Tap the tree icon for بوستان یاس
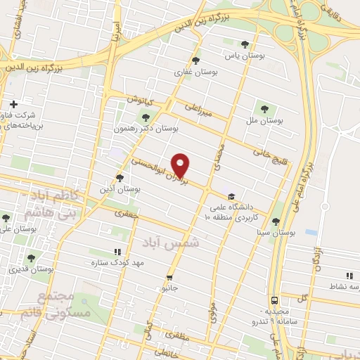[x=244, y=43]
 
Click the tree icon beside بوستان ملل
[x=264, y=109]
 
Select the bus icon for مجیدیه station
[x=274, y=299]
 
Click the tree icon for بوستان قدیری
[x=30, y=257]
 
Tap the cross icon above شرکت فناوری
[x=13, y=103]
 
